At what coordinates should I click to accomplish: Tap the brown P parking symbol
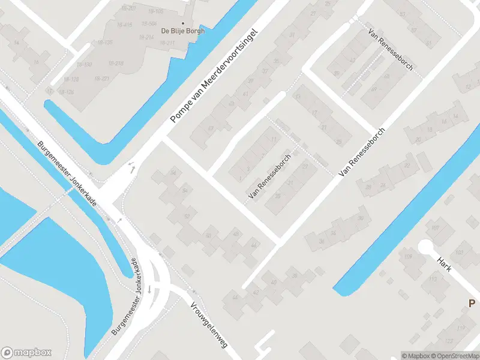pyautogui.click(x=473, y=304)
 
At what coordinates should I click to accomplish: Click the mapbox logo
pyautogui.click(x=27, y=352)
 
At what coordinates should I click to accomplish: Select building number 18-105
pyautogui.click(x=155, y=12)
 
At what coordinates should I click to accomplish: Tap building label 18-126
pyautogui.click(x=66, y=92)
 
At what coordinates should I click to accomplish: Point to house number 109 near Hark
pyautogui.click(x=409, y=257)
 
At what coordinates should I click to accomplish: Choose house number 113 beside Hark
pyautogui.click(x=432, y=280)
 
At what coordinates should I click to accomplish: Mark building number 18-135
pyautogui.click(x=105, y=42)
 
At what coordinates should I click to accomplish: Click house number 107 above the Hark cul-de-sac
pyautogui.click(x=435, y=227)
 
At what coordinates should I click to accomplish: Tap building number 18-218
pyautogui.click(x=116, y=63)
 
